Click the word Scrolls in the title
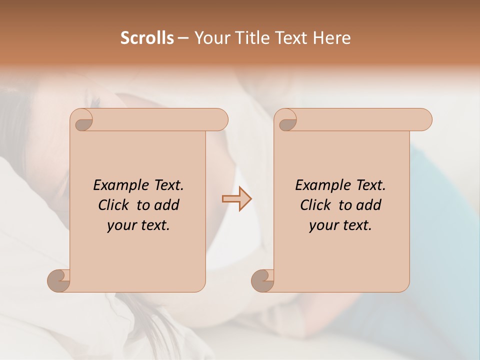[x=147, y=38]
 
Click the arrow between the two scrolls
[x=236, y=198]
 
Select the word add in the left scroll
[x=167, y=205]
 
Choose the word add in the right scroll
[x=369, y=205]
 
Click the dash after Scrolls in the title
[x=183, y=38]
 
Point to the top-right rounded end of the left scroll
[x=220, y=120]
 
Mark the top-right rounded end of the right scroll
[x=424, y=120]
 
